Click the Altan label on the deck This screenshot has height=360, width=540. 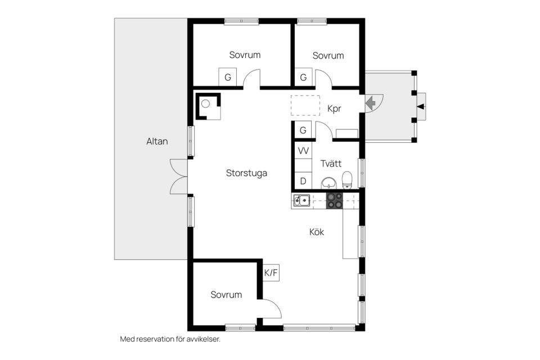(x=157, y=142)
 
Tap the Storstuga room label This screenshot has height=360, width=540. (x=246, y=173)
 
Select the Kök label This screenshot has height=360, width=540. (x=317, y=232)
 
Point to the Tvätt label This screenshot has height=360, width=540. (x=331, y=164)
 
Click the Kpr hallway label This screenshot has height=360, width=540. (x=334, y=109)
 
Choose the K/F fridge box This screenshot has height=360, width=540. (x=271, y=273)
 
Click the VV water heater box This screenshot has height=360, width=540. (x=303, y=151)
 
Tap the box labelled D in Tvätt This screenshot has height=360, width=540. (x=303, y=181)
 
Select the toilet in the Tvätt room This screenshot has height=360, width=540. (x=347, y=180)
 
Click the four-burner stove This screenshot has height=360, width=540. (x=335, y=201)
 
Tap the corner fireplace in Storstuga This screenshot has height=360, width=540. (x=207, y=106)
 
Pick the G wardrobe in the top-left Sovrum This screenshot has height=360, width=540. (x=228, y=78)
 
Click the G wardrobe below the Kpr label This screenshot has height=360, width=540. (x=303, y=130)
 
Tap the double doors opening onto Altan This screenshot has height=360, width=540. (x=179, y=177)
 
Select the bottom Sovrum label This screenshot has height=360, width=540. (x=226, y=295)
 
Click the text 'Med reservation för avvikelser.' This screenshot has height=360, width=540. (x=169, y=339)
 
